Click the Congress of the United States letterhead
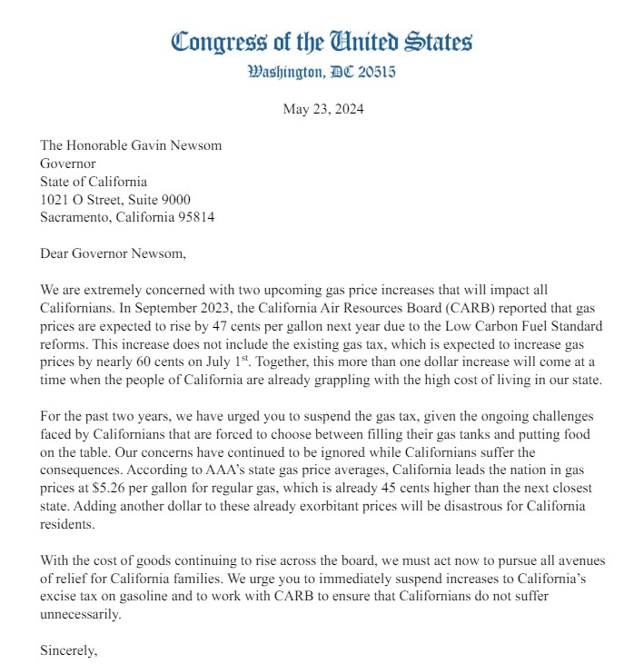[322, 42]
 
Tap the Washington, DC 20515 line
[322, 72]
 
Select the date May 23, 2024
[322, 110]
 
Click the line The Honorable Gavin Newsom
[131, 145]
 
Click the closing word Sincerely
[69, 650]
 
